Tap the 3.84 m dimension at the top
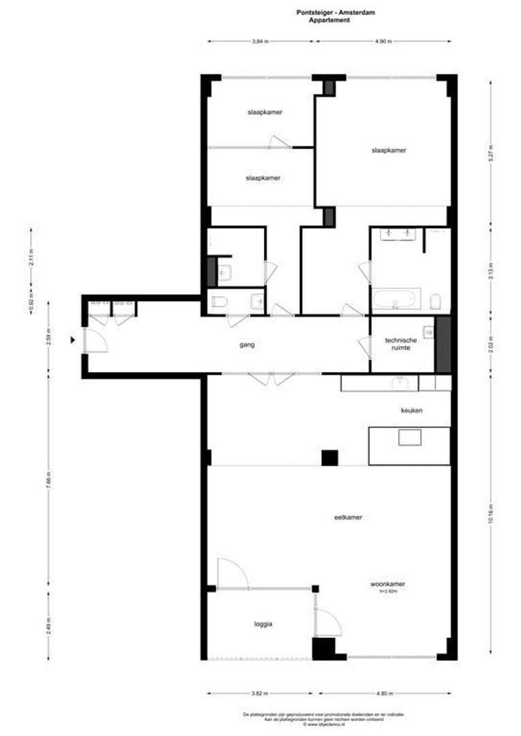(x=259, y=42)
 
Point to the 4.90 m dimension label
(x=383, y=42)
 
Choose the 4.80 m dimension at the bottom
(x=383, y=693)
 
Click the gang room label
(x=247, y=346)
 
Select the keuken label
(x=412, y=411)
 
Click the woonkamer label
(x=387, y=584)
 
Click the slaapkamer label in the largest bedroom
(x=389, y=151)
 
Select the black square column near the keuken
(x=329, y=458)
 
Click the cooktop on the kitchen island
(x=410, y=437)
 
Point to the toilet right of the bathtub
(x=436, y=301)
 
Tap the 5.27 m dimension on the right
(x=490, y=153)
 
